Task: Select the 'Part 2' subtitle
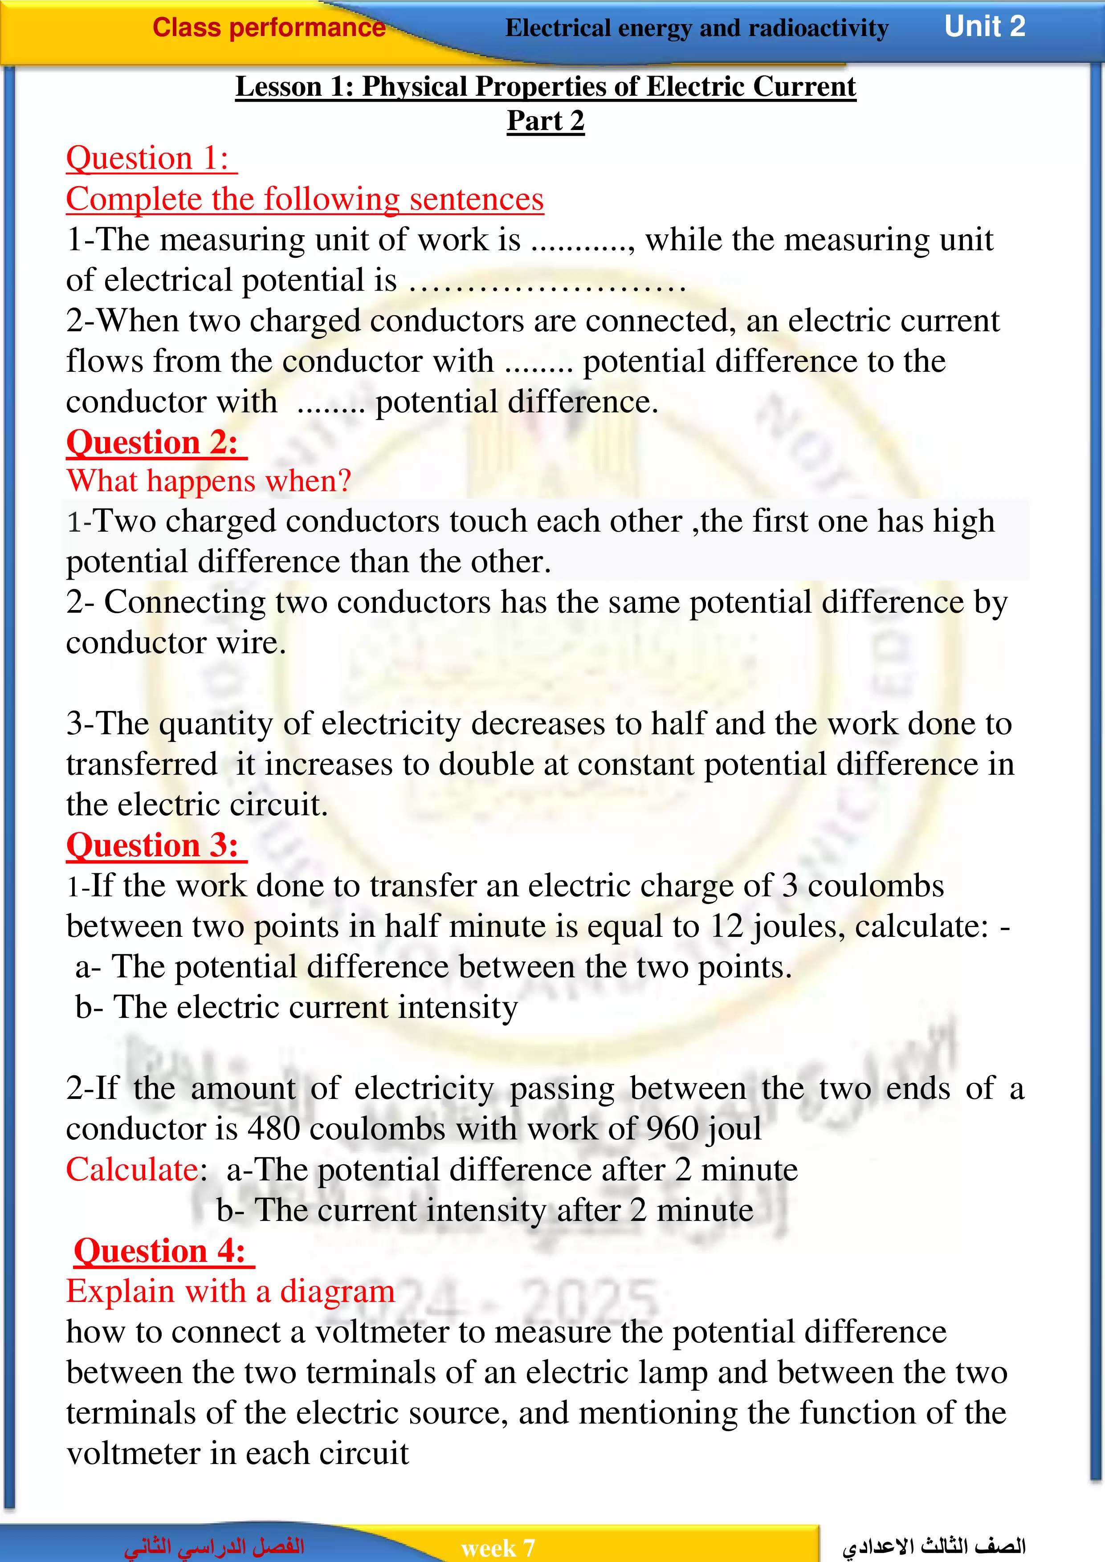(x=545, y=121)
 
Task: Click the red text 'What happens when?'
(x=208, y=481)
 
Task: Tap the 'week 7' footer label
(x=497, y=1548)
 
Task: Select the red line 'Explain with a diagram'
(x=230, y=1291)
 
